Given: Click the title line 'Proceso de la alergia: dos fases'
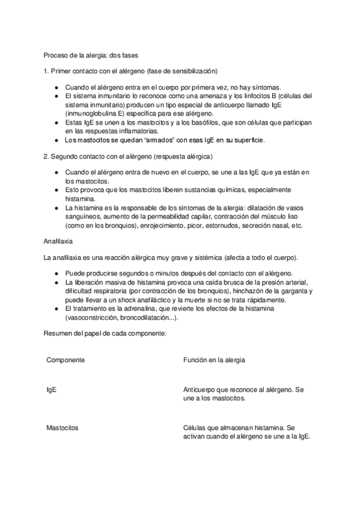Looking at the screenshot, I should [90, 55].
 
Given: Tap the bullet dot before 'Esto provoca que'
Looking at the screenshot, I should [56, 189].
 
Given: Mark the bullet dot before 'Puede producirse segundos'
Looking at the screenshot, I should [56, 274].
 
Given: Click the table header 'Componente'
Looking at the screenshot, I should [65, 360].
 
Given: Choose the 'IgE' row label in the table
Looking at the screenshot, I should [52, 390].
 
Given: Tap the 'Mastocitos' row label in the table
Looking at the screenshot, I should [63, 428].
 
